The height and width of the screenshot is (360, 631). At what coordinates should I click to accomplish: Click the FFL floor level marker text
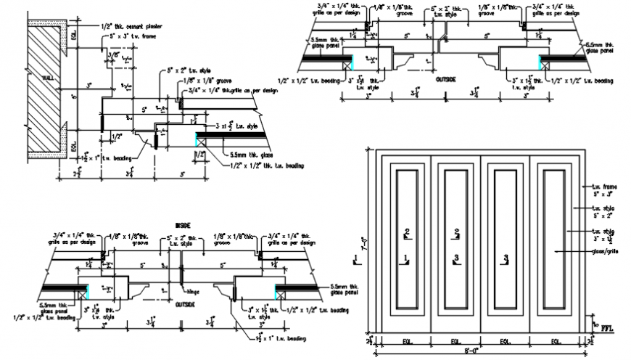coord(607,328)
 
